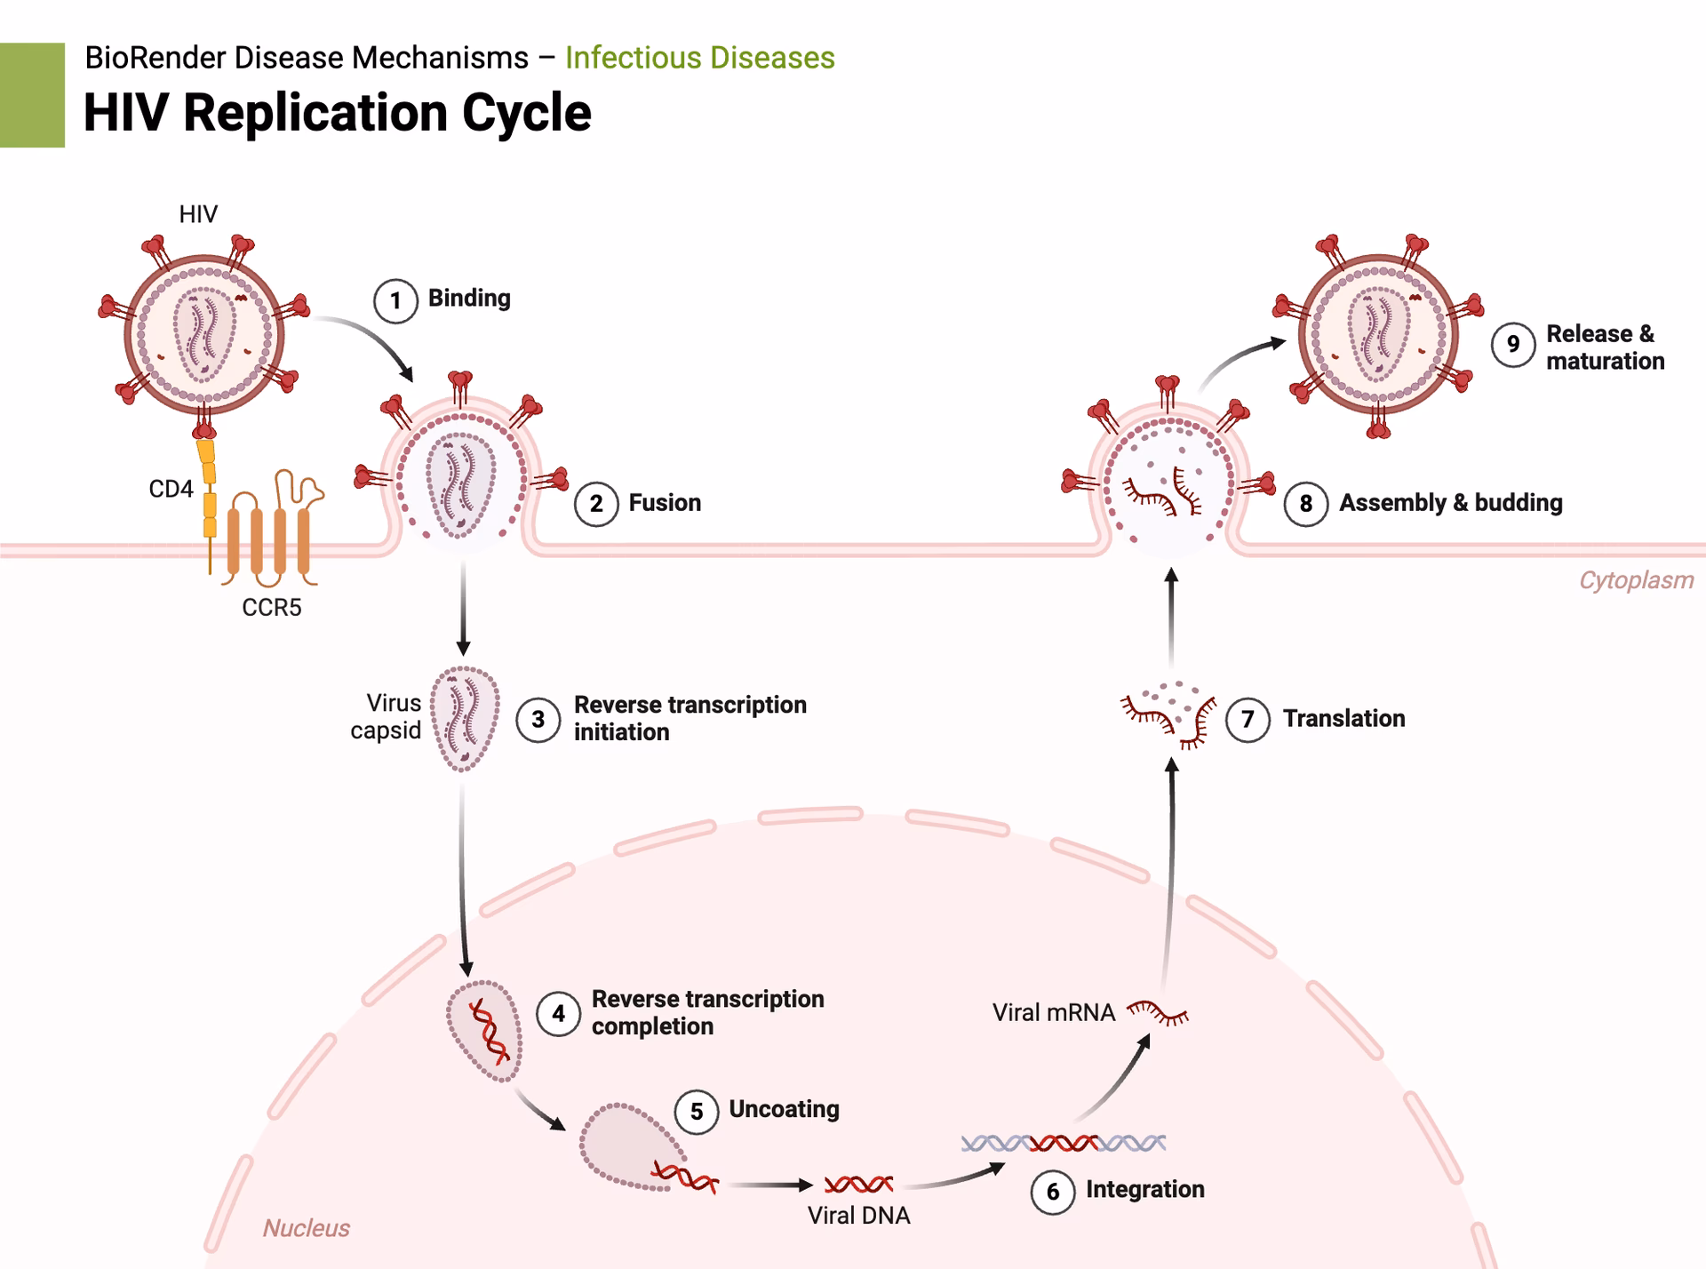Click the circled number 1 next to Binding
click(x=395, y=301)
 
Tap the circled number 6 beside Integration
click(x=1053, y=1192)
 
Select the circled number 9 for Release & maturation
click(x=1513, y=345)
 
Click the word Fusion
click(x=665, y=503)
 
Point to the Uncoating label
click(x=784, y=1109)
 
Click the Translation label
click(x=1343, y=719)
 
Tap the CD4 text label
click(x=171, y=489)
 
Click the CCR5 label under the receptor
click(x=272, y=608)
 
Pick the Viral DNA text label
click(x=858, y=1216)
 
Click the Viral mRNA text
click(x=1053, y=1013)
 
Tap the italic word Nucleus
click(x=306, y=1228)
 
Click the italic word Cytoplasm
click(x=1636, y=580)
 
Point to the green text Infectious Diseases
click(x=699, y=58)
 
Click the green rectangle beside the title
click(x=32, y=95)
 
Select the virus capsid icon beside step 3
click(x=465, y=718)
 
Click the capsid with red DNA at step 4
click(x=485, y=1031)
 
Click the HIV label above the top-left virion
click(x=198, y=214)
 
